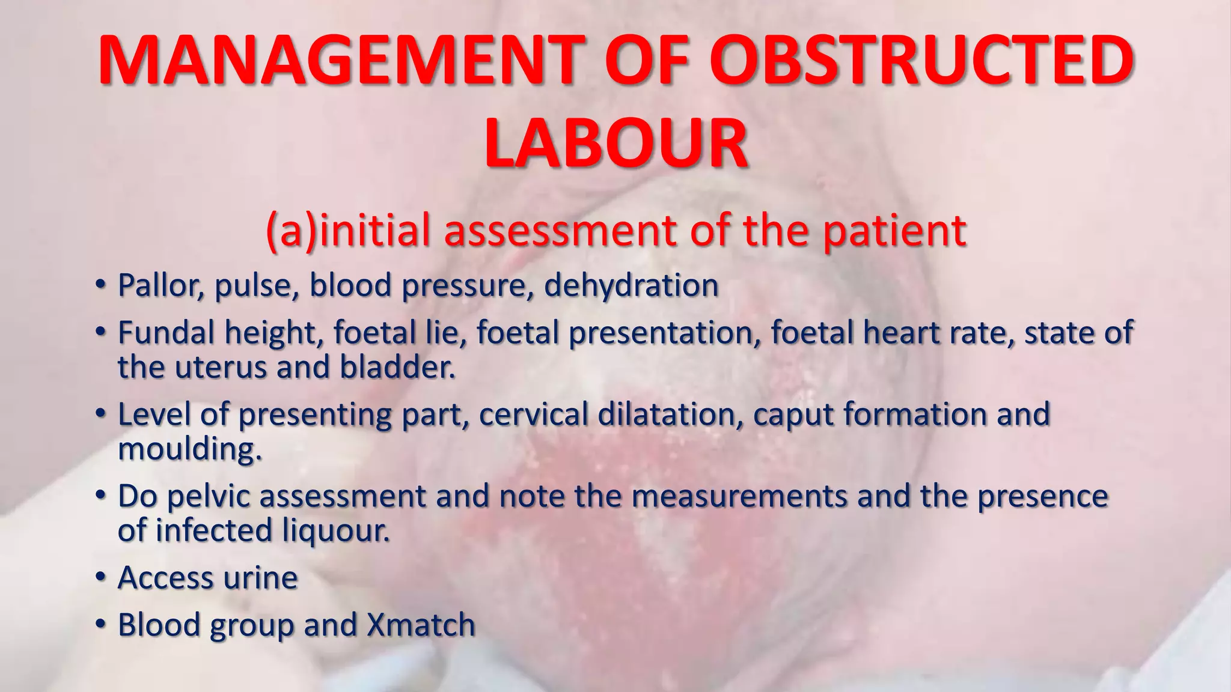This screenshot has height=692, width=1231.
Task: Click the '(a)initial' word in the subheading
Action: point(348,231)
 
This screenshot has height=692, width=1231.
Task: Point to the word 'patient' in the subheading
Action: point(894,231)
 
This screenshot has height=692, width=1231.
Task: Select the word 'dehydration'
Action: point(631,285)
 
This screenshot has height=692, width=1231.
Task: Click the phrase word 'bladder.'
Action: point(397,367)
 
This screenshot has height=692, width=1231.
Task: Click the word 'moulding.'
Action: point(190,449)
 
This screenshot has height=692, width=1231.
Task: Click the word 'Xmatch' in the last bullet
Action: point(421,625)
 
